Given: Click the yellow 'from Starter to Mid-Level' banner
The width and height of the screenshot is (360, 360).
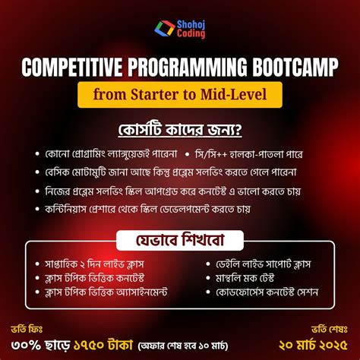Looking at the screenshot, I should pos(180,96).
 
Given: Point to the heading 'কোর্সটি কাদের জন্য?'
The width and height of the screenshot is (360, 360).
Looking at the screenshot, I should pos(180,126).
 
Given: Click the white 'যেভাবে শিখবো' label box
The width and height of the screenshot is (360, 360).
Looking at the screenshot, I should pos(179,242).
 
